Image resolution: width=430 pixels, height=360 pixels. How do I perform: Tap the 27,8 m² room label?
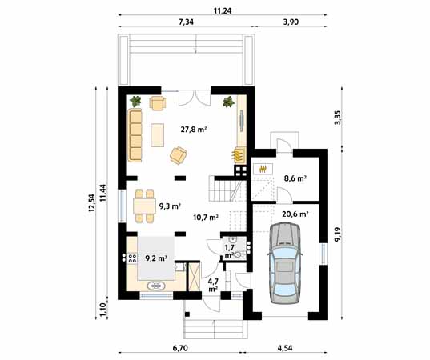click(193, 128)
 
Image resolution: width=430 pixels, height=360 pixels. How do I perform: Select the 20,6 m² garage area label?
click(295, 214)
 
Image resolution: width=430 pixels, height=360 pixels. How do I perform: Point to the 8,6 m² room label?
click(295, 179)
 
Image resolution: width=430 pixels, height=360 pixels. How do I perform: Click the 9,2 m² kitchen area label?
click(155, 258)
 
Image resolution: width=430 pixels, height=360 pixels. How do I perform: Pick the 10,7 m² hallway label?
click(206, 217)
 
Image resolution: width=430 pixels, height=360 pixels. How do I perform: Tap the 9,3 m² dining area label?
click(169, 206)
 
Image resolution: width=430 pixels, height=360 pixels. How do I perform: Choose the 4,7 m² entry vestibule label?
click(213, 285)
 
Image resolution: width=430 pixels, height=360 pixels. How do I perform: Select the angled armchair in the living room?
click(179, 154)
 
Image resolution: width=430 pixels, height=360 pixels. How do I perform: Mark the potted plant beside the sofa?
click(136, 102)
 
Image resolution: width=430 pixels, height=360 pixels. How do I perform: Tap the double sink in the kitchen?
click(155, 286)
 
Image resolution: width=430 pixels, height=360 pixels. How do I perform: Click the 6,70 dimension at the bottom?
click(179, 349)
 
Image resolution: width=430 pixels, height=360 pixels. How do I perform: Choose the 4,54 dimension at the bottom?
click(285, 349)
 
